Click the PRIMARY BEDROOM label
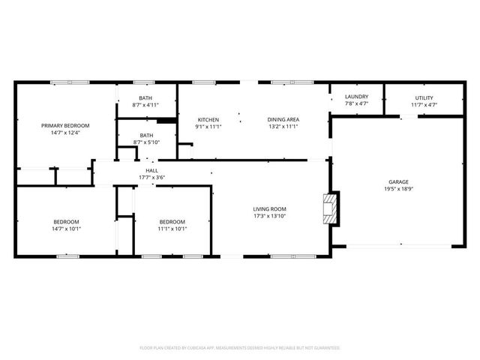point(65,125)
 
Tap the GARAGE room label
point(398,182)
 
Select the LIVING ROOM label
point(269,209)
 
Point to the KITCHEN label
point(208,120)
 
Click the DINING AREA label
point(283,120)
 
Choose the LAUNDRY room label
point(356,97)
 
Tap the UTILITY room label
point(424,97)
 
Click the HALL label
point(151,171)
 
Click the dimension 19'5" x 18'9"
point(398,190)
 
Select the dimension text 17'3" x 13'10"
point(269,217)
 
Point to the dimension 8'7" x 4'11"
point(145,105)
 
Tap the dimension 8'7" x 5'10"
point(145,142)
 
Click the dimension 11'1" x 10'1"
point(172,229)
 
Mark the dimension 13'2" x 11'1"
point(283,127)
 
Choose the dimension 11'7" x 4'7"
point(424,104)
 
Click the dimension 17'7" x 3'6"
point(151,178)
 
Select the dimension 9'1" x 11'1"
point(208,127)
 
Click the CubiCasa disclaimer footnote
point(240,348)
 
